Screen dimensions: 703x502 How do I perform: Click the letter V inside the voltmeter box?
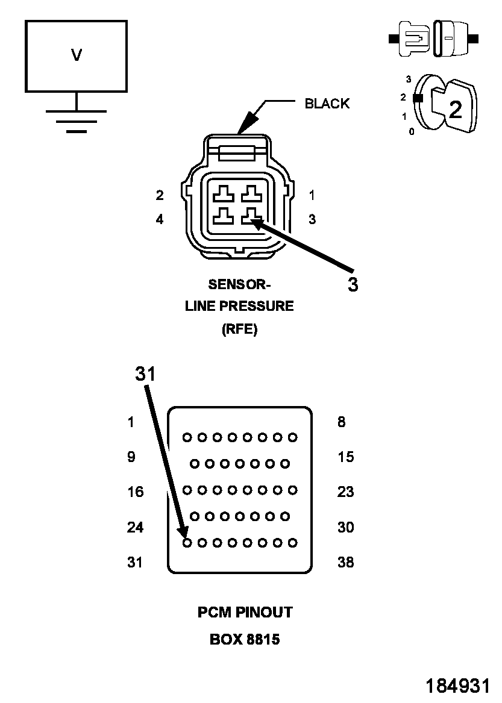[77, 55]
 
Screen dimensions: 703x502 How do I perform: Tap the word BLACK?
[327, 104]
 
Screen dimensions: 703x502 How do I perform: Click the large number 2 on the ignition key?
[456, 109]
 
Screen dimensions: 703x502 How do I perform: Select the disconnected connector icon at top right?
[433, 39]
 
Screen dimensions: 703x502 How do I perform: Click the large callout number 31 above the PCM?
[145, 374]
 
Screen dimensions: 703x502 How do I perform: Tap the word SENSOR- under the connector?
[239, 284]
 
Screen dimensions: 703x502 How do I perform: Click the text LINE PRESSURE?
[239, 306]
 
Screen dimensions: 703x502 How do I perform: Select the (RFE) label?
[239, 330]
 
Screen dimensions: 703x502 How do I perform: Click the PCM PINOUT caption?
[245, 613]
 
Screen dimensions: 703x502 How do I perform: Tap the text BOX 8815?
[245, 639]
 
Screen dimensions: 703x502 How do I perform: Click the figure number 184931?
[457, 686]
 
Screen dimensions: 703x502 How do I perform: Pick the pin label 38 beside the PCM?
[345, 563]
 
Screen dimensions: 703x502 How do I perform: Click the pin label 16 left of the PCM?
[136, 492]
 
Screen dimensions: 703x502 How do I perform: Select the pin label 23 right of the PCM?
[345, 492]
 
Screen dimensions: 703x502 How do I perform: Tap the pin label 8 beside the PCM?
[341, 422]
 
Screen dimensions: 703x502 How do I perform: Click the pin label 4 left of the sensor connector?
[159, 220]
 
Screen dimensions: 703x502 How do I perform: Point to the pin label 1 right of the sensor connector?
[312, 195]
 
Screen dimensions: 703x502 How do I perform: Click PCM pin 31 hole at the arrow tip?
[187, 543]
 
